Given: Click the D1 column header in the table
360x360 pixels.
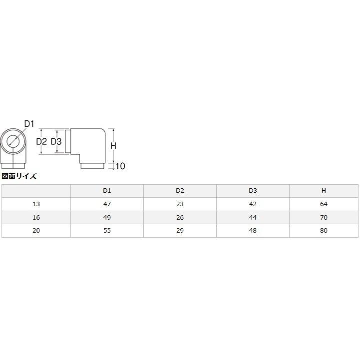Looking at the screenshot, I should pyautogui.click(x=107, y=191).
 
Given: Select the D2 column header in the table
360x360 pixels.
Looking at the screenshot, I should pyautogui.click(x=180, y=191).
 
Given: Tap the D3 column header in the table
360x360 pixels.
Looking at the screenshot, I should pyautogui.click(x=253, y=191).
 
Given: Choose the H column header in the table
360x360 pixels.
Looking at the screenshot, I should pyautogui.click(x=324, y=191).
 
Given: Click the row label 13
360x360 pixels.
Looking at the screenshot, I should pyautogui.click(x=36, y=204).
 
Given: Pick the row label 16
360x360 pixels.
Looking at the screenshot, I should pyautogui.click(x=36, y=218).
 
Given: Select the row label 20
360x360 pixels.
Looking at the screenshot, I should pyautogui.click(x=36, y=231).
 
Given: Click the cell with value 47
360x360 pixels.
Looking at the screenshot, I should pyautogui.click(x=107, y=204).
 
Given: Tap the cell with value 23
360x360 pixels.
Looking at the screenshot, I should pyautogui.click(x=180, y=204).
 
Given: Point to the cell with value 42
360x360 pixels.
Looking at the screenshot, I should pyautogui.click(x=253, y=204).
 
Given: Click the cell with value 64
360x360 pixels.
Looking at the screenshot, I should pyautogui.click(x=324, y=204).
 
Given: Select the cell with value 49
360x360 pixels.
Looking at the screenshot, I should pyautogui.click(x=107, y=218).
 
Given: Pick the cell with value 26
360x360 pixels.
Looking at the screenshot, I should pyautogui.click(x=180, y=218).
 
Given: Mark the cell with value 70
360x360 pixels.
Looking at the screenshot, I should pyautogui.click(x=324, y=218).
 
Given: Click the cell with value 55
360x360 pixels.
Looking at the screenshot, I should pyautogui.click(x=107, y=231).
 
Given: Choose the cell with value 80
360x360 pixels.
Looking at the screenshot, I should pyautogui.click(x=324, y=231).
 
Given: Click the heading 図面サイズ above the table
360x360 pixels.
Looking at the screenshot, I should pyautogui.click(x=19, y=176).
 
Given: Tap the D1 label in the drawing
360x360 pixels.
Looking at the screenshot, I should pyautogui.click(x=29, y=124).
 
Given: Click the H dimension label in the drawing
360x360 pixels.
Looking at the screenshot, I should pyautogui.click(x=113, y=146).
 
